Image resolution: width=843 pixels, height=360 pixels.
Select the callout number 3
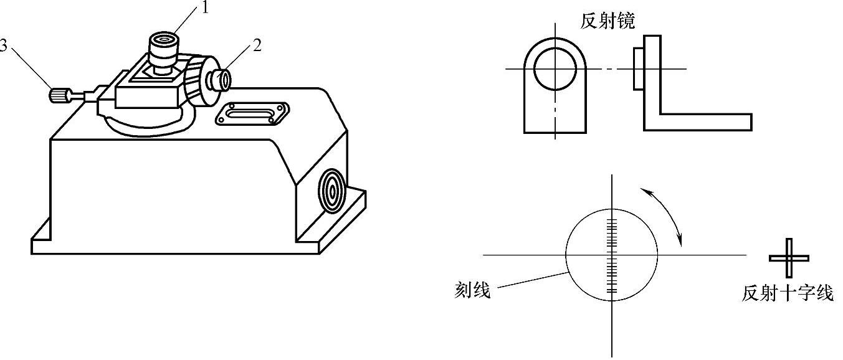[6, 46]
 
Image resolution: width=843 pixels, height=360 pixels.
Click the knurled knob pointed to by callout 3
[58, 96]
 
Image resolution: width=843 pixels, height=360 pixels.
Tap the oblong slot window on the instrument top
[252, 114]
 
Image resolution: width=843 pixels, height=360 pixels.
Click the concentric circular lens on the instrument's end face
[331, 189]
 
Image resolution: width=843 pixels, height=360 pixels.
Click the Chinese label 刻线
[472, 290]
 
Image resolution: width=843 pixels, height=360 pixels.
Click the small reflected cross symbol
[789, 258]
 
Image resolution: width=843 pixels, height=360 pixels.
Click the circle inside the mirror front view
[554, 68]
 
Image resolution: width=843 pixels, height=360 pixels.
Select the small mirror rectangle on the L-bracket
[638, 69]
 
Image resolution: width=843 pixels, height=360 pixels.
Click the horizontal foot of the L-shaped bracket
[704, 122]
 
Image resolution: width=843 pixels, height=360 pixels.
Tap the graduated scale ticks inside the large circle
[612, 255]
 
